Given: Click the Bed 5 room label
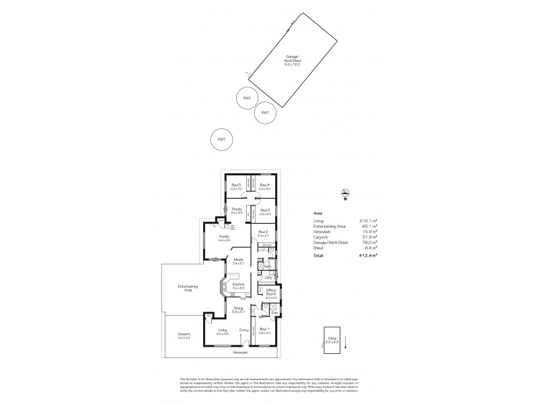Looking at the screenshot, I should (x=236, y=187).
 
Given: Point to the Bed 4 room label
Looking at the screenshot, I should (x=264, y=187).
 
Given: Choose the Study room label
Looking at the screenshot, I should (x=237, y=211).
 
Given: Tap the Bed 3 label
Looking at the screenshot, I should (x=264, y=212).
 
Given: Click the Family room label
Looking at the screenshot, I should (x=224, y=238).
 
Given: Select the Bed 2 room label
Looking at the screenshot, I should (x=263, y=234).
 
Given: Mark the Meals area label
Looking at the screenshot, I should (x=237, y=261).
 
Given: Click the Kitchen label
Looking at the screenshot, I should (x=237, y=286).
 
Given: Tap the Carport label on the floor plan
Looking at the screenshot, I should (x=184, y=335).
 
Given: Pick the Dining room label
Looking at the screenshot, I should (x=237, y=310).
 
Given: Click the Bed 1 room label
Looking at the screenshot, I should (x=264, y=330).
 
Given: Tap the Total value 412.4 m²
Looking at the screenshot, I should (x=367, y=256).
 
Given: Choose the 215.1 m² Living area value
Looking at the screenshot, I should (x=367, y=220).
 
